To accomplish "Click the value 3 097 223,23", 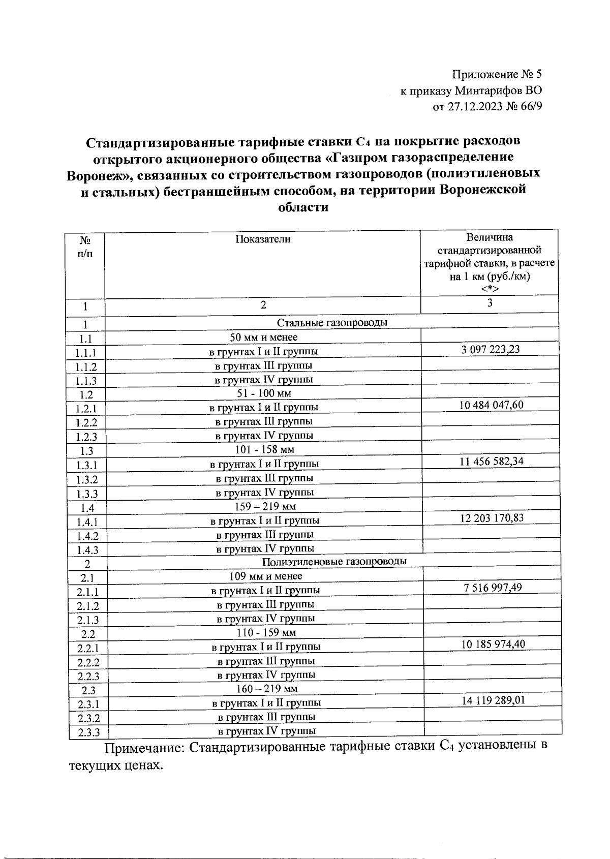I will [490, 349].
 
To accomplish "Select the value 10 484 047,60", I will [491, 405].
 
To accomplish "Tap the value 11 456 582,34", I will [491, 462].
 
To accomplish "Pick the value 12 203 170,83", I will [492, 518].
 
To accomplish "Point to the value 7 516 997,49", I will [493, 588].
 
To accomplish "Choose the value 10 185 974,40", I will [493, 645].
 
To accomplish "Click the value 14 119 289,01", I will [493, 700].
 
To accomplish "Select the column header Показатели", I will [263, 239].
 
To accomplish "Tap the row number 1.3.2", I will [86, 480].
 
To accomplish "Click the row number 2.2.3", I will [88, 677].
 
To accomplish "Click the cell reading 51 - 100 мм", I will [264, 393].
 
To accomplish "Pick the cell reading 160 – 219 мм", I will [267, 689].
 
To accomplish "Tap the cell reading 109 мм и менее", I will [266, 576].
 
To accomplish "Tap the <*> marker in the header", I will [490, 290].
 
